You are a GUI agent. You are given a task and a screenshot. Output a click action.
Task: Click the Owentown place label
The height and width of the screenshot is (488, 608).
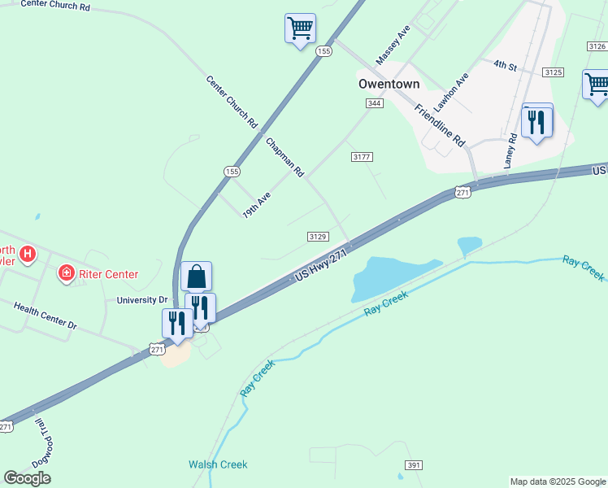click(x=389, y=84)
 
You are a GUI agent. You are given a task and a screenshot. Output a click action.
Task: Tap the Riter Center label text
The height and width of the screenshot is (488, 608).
click(x=107, y=274)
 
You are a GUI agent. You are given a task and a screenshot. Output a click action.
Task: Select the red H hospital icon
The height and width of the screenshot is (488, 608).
click(x=28, y=255)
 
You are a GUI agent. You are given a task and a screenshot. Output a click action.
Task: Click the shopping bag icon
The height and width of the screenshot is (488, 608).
click(x=197, y=277)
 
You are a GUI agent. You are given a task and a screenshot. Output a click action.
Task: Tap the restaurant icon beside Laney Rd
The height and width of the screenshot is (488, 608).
click(x=537, y=122)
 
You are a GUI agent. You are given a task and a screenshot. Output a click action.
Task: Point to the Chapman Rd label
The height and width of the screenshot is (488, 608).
click(x=284, y=157)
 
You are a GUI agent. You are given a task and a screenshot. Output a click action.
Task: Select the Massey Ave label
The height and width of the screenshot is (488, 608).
click(x=393, y=45)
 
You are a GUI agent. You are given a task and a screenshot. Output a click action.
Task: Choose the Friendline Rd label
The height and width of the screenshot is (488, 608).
click(x=439, y=124)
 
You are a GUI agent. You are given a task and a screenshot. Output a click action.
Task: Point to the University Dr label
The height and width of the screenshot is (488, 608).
click(x=141, y=300)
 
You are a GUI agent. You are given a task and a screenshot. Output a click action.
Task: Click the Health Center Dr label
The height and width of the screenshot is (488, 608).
click(x=45, y=314)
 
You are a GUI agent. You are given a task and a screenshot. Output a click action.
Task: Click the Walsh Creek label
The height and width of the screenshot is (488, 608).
click(x=218, y=464)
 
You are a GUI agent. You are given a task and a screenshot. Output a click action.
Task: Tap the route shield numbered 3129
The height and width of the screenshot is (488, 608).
click(x=318, y=236)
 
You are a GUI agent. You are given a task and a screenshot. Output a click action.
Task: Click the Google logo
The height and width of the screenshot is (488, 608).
click(x=28, y=478)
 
